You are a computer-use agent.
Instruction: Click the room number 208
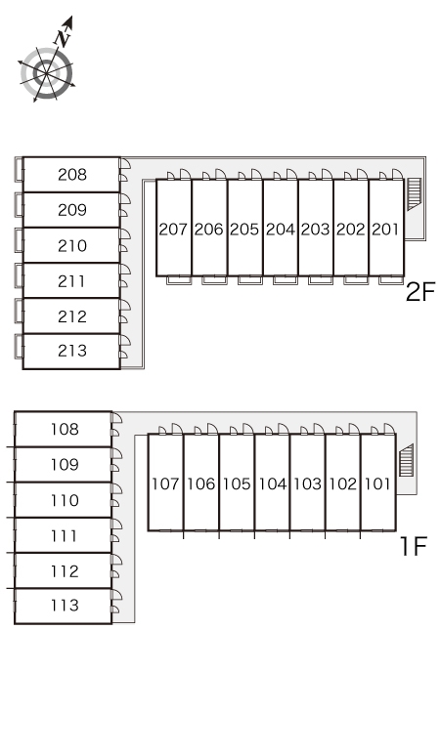(72, 175)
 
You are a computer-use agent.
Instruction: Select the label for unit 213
(72, 351)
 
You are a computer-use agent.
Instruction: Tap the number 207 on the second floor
(173, 229)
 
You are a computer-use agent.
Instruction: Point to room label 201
(386, 229)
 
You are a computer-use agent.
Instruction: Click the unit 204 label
(281, 229)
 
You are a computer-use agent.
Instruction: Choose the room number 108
(65, 429)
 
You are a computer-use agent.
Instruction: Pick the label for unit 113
(65, 605)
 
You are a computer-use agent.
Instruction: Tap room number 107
(165, 483)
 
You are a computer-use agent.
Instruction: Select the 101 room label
(377, 483)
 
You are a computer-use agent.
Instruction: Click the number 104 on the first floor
(273, 483)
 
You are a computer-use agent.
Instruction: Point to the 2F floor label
(420, 292)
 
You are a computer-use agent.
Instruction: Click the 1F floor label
(414, 546)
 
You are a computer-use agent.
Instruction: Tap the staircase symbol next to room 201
(414, 193)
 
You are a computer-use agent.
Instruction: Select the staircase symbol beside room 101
(406, 459)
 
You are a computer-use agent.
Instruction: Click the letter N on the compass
(63, 38)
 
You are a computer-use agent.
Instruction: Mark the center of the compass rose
(47, 74)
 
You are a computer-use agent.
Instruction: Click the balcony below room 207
(179, 280)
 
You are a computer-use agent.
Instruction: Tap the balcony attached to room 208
(19, 169)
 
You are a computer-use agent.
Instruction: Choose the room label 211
(72, 280)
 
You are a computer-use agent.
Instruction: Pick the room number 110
(65, 500)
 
